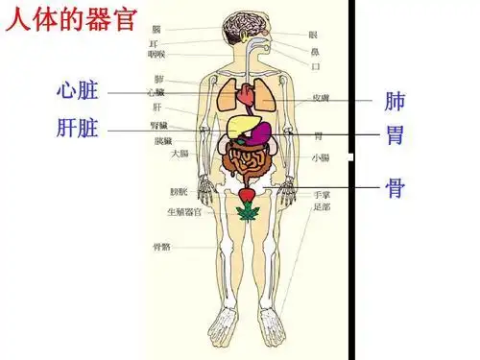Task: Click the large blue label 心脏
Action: [76, 91]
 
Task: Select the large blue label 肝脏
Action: [76, 128]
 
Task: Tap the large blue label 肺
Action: [395, 101]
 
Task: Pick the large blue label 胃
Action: [395, 134]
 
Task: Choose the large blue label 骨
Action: [395, 186]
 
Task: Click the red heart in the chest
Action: [249, 95]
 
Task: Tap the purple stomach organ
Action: [260, 133]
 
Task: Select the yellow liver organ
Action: [242, 125]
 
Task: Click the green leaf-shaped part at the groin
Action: [247, 212]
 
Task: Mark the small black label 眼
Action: [313, 35]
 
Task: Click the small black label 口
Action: [316, 66]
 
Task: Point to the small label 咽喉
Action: [159, 55]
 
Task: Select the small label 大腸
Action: [179, 153]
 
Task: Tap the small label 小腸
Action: [320, 156]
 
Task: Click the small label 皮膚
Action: [321, 98]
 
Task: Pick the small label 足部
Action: [322, 206]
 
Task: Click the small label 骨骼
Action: [161, 246]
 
